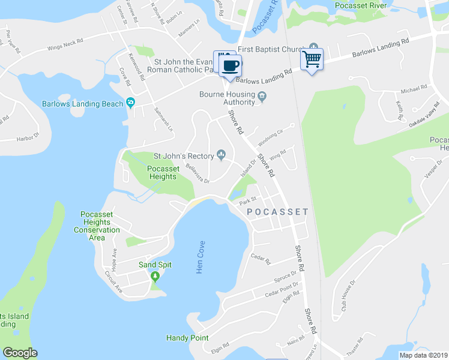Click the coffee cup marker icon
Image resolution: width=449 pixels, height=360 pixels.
click(x=231, y=64)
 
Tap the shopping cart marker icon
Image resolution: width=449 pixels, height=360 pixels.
click(x=312, y=59)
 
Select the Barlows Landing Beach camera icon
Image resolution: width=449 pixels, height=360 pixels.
click(x=130, y=103)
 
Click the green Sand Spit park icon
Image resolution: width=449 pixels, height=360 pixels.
click(x=155, y=276)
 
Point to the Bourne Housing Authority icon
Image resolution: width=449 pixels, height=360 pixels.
click(x=262, y=97)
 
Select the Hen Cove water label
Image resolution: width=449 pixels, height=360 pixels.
click(x=200, y=257)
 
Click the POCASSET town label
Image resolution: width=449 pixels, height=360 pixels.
click(x=277, y=212)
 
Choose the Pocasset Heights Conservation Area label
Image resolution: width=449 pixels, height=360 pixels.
click(x=97, y=222)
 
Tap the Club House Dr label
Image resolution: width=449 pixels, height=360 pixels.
click(x=348, y=298)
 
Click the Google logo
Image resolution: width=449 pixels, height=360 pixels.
click(x=20, y=353)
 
